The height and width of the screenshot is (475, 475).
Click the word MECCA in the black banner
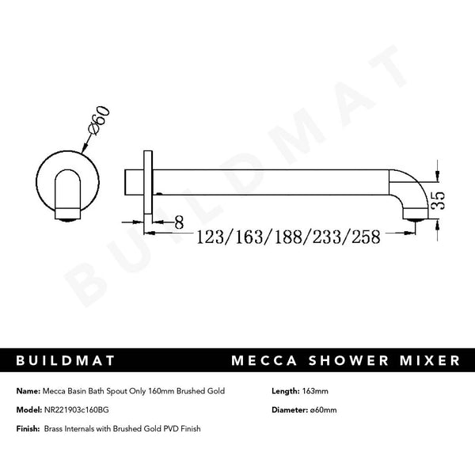pyautogui.click(x=262, y=361)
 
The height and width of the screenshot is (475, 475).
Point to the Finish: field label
pyautogui.click(x=28, y=428)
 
